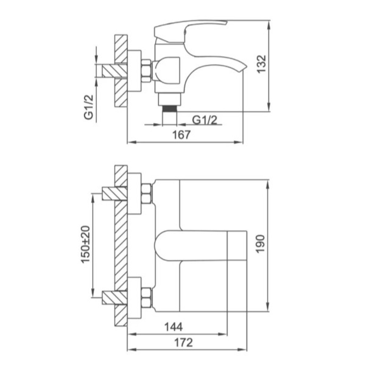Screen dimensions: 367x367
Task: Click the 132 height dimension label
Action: point(261,64)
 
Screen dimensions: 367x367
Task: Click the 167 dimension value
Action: point(182,135)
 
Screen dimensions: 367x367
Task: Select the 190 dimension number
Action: point(261,244)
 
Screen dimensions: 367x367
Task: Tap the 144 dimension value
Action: point(174,327)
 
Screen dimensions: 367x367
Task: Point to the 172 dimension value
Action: point(183,342)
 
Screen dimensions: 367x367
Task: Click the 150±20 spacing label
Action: point(86,244)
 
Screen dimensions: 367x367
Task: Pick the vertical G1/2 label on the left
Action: point(89,107)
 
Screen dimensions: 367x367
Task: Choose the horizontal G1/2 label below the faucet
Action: point(205,120)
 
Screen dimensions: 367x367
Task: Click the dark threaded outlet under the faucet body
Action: point(170,109)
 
